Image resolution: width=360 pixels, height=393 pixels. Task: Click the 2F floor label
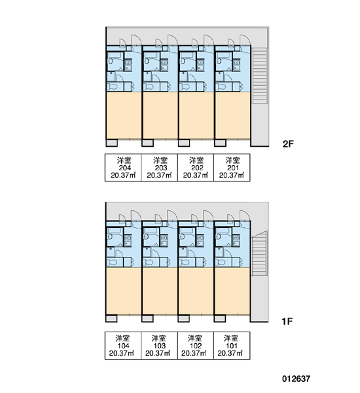288,144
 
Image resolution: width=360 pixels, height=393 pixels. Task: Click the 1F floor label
287,322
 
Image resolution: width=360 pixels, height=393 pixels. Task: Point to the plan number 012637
296,379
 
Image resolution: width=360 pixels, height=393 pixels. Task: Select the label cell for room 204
123,168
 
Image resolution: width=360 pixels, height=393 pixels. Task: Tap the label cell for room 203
159,168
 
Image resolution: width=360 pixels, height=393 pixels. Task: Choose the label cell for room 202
196,168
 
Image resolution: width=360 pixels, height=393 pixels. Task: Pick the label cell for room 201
232,168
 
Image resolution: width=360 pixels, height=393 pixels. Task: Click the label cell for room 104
123,346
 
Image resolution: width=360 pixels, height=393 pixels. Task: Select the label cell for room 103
159,346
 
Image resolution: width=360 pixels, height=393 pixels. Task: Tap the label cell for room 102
196,346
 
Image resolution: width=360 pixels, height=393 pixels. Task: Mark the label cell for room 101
232,346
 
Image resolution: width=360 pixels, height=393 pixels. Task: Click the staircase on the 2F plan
260,76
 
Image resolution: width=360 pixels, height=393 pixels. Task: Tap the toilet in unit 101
221,263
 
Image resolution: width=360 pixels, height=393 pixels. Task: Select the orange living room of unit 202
196,115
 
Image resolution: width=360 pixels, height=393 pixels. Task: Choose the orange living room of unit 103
160,291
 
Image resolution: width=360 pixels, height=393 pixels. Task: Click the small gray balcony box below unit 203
147,143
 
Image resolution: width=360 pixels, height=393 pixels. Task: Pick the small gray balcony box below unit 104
111,318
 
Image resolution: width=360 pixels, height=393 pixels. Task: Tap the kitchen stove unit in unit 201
236,65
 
